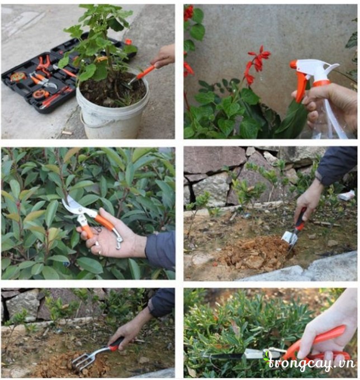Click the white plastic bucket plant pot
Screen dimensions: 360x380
[x=113, y=107]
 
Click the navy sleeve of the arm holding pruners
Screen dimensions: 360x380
[x=160, y=249]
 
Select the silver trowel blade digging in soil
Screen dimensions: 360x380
[x=289, y=237]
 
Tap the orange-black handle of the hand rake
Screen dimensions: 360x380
[x=116, y=344]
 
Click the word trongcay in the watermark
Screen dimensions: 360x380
[x=295, y=364]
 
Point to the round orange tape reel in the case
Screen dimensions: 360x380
[x=18, y=77]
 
